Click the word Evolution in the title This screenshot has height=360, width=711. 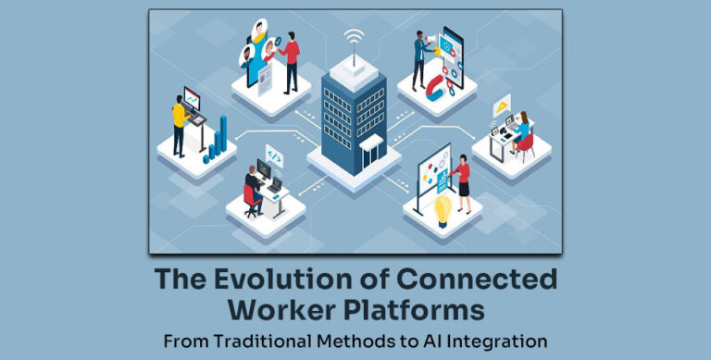(284, 279)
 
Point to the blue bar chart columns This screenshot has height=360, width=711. (217, 139)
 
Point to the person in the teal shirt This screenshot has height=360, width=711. (419, 55)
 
